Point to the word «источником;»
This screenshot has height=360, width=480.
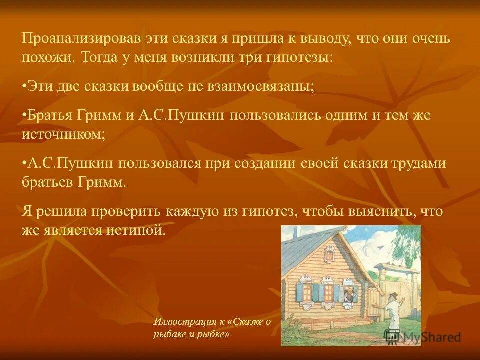coord(63,134)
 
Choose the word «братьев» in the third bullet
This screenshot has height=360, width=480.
coord(47,181)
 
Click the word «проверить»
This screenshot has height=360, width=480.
coord(125,211)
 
